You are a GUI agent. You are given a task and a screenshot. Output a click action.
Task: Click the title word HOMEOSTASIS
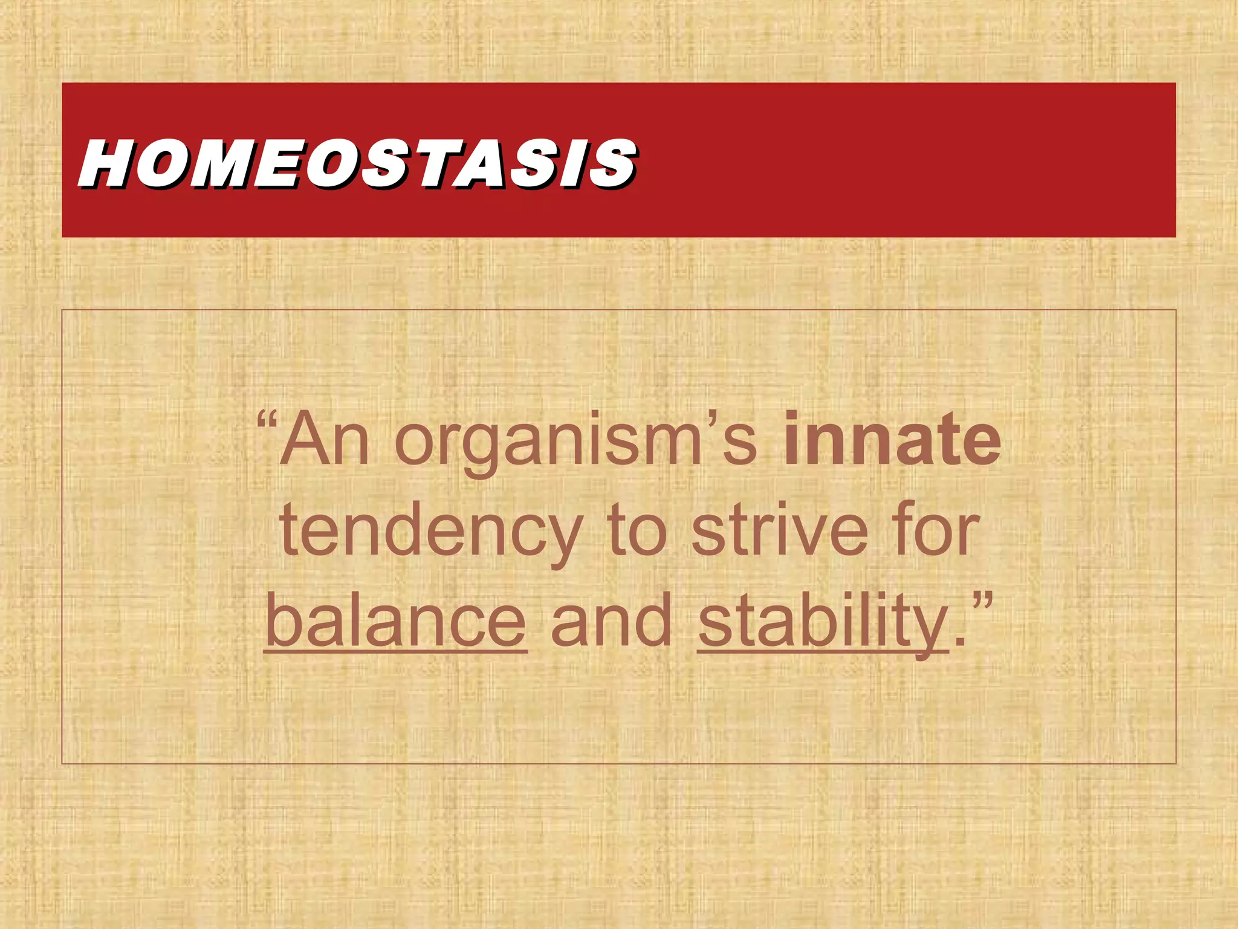[357, 162]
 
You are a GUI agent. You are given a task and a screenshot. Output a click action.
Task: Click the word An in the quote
[324, 440]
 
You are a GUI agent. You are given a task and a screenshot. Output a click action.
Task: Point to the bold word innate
[892, 440]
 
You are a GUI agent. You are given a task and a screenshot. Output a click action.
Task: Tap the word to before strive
[637, 531]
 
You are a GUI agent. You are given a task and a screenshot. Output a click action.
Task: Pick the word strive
[780, 530]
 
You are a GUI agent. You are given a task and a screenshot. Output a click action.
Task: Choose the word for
[937, 530]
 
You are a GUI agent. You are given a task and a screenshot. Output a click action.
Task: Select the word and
[612, 621]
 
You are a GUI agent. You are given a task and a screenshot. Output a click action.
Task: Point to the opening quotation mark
[266, 420]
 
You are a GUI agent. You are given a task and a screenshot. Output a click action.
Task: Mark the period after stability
[958, 641]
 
